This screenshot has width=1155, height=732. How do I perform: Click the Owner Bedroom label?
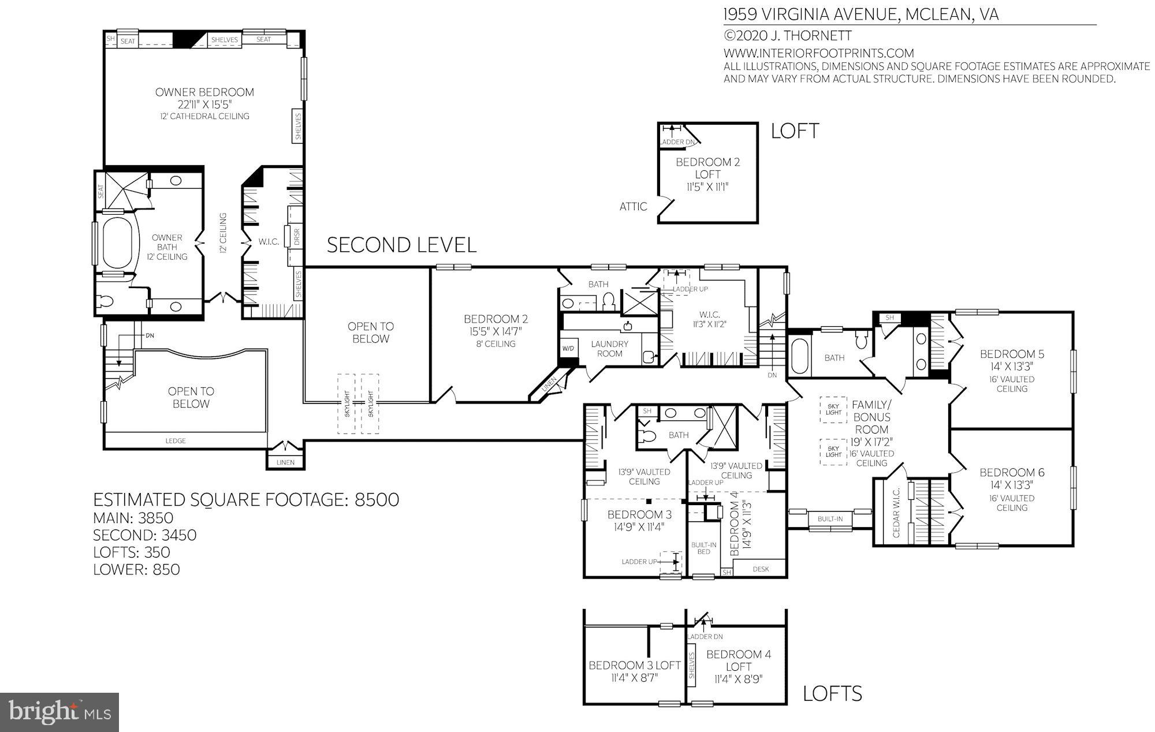(x=204, y=92)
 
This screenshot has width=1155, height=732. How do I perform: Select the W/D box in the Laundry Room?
(x=568, y=349)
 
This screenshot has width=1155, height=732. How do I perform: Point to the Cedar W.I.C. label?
(x=896, y=513)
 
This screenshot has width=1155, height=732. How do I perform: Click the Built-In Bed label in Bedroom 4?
(x=703, y=548)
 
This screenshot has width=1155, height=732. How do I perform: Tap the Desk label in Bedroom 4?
(x=761, y=569)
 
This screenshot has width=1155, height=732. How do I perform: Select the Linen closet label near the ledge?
(x=285, y=462)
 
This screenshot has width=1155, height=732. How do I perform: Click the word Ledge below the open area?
(x=176, y=440)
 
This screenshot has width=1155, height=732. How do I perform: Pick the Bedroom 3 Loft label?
(x=634, y=666)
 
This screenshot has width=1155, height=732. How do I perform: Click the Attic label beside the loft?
(x=633, y=207)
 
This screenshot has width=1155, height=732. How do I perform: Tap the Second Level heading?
(x=401, y=245)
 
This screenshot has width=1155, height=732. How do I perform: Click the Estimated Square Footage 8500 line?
(x=246, y=499)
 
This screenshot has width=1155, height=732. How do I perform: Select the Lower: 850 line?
(x=136, y=569)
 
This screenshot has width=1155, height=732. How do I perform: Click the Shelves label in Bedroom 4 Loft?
(x=692, y=666)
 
